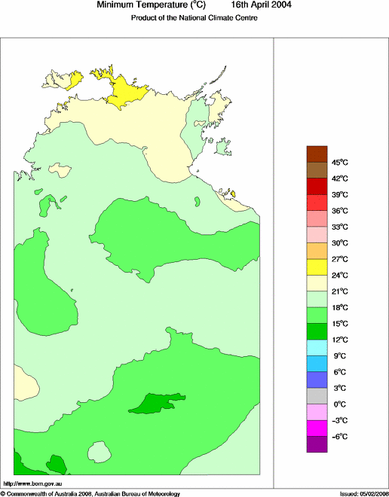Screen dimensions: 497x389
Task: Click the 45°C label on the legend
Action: click(339, 162)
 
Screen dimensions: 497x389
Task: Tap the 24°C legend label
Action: click(339, 275)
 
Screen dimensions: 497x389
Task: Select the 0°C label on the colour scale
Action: click(339, 404)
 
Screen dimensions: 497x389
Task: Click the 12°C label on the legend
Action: click(339, 340)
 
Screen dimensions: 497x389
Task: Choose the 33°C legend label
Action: click(339, 227)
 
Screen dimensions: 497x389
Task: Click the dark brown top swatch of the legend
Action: click(317, 154)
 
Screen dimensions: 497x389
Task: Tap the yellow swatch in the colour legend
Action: click(317, 267)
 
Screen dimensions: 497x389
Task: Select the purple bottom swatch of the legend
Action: click(317, 444)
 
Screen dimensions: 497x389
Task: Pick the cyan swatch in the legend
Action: click(317, 347)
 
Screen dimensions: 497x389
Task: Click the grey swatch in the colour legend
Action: click(317, 395)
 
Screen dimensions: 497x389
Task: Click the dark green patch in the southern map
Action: click(155, 403)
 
